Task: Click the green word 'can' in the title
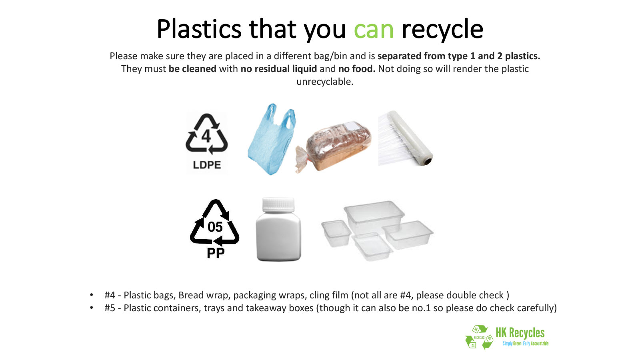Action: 374,30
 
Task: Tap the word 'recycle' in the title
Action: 442,30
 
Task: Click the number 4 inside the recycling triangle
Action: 206,136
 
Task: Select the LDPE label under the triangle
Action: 207,165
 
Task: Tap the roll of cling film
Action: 406,138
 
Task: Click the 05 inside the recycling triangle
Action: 215,227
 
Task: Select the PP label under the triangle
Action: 216,253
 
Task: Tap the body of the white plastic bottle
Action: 278,237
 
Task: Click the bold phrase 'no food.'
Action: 356,69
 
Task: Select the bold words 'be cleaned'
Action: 192,69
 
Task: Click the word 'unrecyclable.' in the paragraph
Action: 325,82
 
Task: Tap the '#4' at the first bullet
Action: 110,295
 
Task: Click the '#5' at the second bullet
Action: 110,308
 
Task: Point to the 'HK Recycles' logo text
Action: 520,333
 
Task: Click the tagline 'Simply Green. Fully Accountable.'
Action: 526,344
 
